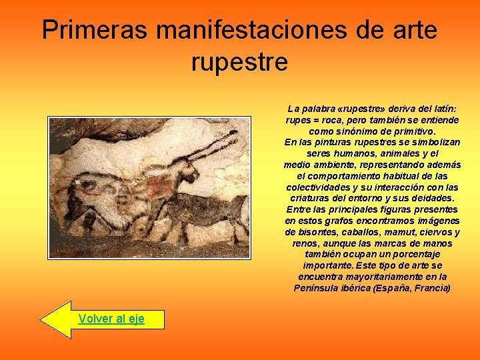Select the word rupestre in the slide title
click(x=239, y=62)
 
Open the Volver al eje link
click(x=111, y=319)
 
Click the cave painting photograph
click(x=149, y=187)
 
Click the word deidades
click(x=433, y=199)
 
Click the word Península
click(x=317, y=288)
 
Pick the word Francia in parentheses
click(x=431, y=288)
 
